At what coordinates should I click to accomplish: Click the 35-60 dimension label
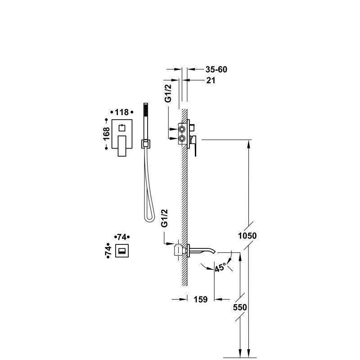[216, 70]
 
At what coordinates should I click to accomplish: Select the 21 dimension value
[211, 81]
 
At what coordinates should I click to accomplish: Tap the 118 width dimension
[122, 112]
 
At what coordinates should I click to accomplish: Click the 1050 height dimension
[247, 236]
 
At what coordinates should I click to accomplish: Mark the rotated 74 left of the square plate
[108, 251]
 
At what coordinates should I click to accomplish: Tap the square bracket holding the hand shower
[145, 144]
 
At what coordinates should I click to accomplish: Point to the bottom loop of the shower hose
[148, 219]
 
